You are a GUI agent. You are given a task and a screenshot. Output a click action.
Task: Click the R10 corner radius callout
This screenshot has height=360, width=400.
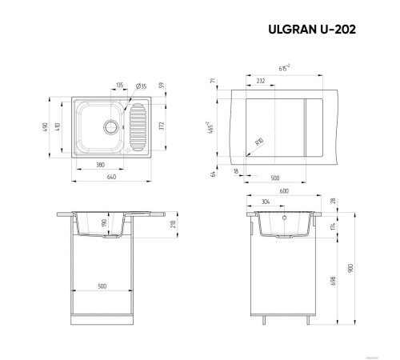pos(258,141)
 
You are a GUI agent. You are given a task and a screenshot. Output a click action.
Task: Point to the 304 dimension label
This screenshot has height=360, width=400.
pos(264,202)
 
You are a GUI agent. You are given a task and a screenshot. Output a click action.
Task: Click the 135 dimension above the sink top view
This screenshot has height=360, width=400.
pos(119,84)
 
